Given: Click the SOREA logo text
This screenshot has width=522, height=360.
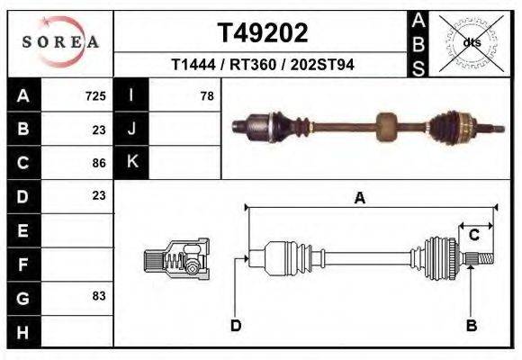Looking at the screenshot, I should [60, 42].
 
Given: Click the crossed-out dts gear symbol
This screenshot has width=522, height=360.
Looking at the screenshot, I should [471, 41].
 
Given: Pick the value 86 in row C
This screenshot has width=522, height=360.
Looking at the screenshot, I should [99, 163].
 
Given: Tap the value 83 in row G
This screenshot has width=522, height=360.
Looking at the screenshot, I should [99, 295].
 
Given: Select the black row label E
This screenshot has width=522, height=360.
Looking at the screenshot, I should [23, 229].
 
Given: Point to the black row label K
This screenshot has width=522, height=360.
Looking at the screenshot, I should [131, 162].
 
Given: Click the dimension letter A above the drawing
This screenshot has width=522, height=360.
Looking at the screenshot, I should [359, 199].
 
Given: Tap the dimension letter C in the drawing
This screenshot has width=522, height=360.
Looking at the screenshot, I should [473, 235].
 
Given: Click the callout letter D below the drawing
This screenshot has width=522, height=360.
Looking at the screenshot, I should [236, 325].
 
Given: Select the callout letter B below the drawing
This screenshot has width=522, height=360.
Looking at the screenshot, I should [470, 325].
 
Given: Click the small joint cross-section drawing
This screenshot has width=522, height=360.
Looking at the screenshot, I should [176, 260].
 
